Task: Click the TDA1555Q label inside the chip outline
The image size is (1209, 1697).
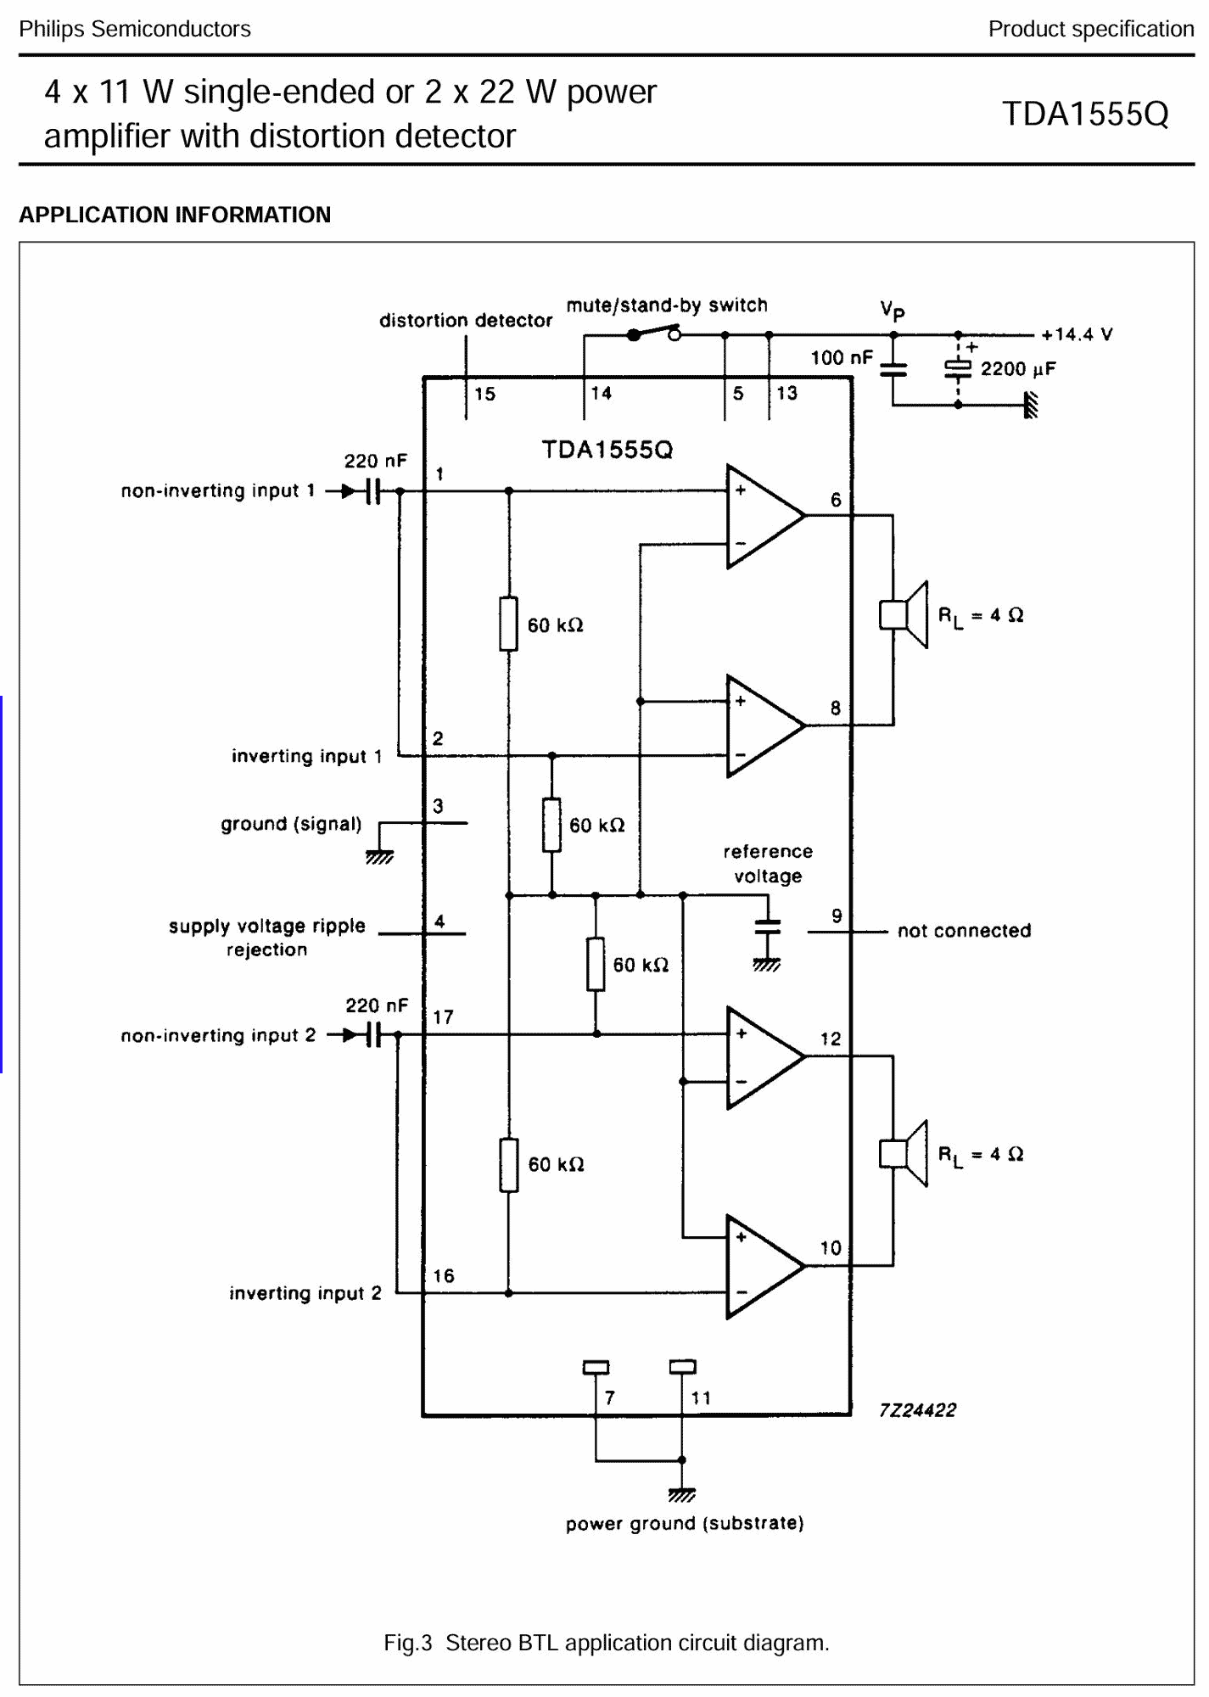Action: [x=607, y=449]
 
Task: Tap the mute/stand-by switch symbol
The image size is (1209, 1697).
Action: [x=654, y=333]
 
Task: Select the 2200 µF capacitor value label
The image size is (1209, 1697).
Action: [x=1018, y=369]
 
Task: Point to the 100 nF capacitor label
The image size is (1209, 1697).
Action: [x=841, y=357]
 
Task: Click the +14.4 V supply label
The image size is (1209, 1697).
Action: [x=1077, y=334]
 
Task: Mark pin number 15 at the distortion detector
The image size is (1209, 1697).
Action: [x=484, y=394]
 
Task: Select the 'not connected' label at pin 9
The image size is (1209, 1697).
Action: [x=964, y=931]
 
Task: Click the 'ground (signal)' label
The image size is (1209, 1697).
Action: [x=291, y=824]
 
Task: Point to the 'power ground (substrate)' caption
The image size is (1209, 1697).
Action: [x=685, y=1523]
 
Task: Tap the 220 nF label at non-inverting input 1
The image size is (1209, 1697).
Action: [x=375, y=461]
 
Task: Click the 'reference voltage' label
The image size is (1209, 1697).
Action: [x=768, y=864]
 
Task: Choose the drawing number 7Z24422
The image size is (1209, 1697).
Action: [x=917, y=1410]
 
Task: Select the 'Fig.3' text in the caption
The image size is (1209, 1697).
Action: [x=408, y=1643]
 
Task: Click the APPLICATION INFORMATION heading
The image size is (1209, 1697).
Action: [x=175, y=215]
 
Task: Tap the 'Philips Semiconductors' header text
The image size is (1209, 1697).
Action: [x=135, y=29]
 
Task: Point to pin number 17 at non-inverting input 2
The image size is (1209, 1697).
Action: [x=443, y=1017]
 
